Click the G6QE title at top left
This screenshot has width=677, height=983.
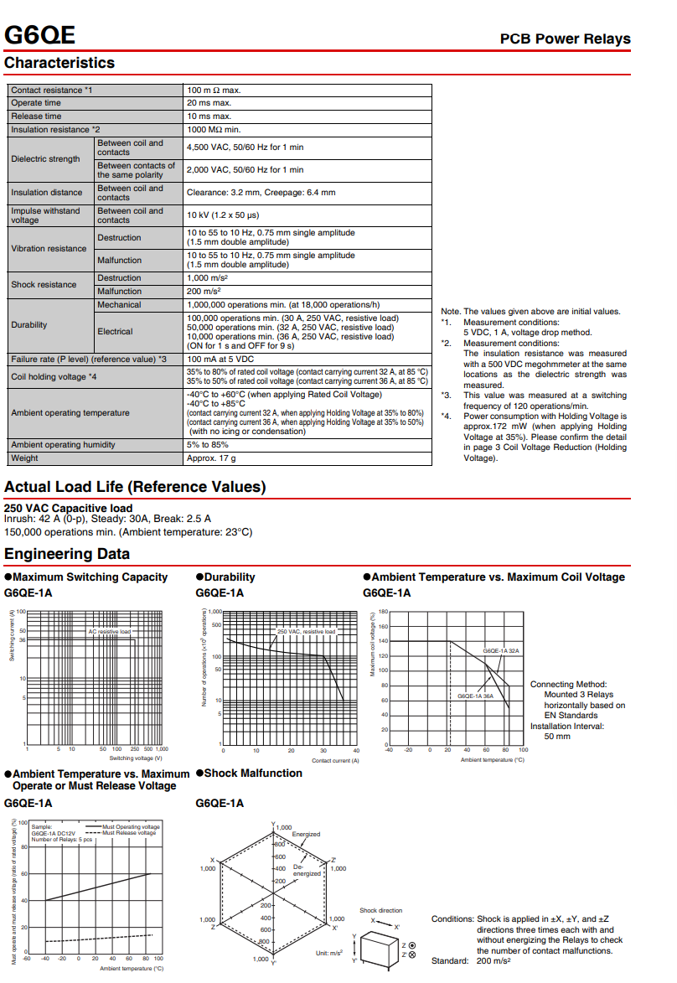40,35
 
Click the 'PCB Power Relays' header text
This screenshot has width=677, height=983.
565,39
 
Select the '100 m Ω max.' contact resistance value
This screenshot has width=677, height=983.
214,90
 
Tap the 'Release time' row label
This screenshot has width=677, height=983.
36,116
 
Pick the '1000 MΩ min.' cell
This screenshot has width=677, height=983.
214,130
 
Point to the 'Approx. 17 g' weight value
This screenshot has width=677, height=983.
211,458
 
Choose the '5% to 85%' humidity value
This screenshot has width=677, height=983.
208,445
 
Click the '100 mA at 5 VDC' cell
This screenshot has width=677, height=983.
220,359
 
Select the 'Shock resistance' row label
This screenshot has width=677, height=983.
44,285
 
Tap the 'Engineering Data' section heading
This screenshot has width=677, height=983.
67,554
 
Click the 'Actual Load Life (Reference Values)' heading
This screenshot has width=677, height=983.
135,487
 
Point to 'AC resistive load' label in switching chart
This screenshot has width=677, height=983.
110,631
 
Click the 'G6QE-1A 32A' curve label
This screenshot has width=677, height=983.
501,650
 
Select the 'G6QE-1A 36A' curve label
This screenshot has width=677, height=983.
475,696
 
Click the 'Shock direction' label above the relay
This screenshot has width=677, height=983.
380,910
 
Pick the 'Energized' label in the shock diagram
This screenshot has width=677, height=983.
306,835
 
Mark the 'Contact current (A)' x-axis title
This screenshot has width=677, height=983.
335,760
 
